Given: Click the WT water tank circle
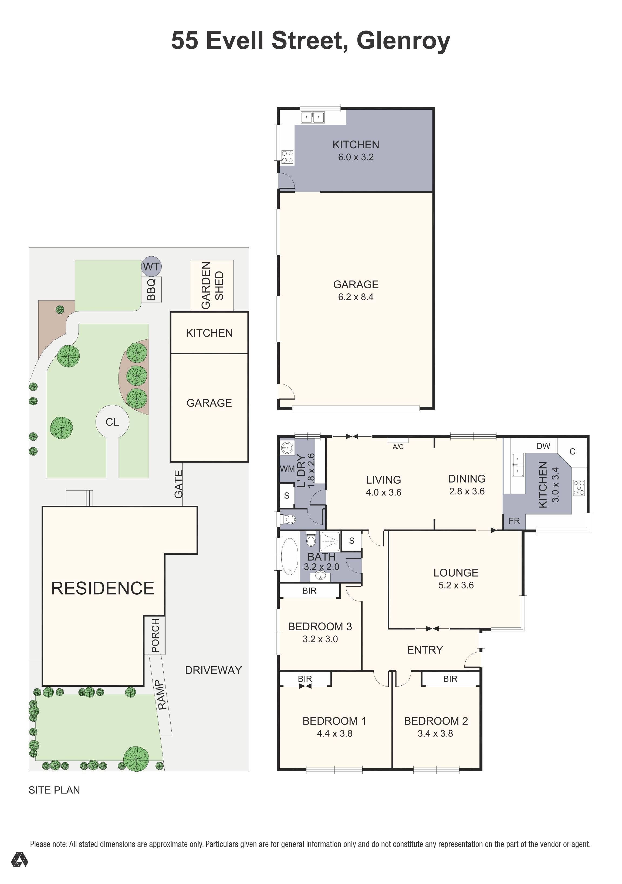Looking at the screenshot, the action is click(151, 266).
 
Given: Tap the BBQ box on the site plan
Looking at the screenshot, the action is click(151, 289).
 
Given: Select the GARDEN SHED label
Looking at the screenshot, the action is click(212, 285).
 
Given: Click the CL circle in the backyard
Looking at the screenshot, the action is click(112, 422).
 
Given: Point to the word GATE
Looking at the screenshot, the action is click(178, 484).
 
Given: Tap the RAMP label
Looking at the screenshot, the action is click(162, 695).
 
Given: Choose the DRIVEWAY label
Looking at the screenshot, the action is click(214, 670).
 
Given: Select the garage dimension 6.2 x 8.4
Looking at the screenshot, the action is click(356, 297).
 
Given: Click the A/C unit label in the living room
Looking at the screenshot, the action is click(398, 447).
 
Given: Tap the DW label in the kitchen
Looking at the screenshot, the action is click(543, 446).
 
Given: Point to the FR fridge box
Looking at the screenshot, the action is click(514, 521).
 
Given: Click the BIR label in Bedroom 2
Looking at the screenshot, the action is click(450, 679).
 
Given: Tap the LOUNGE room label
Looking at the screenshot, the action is click(456, 572).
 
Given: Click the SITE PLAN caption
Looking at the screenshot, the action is click(54, 790).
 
